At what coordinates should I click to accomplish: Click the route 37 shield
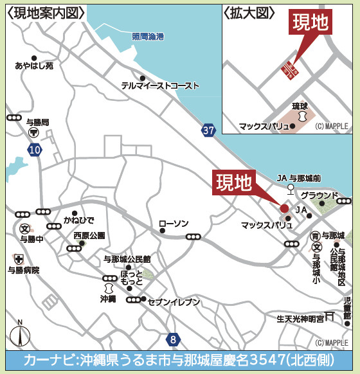tap(208, 130)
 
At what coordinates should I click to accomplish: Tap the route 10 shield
tap(35, 150)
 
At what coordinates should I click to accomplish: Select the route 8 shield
tap(172, 339)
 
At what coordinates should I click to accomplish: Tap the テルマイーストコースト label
tap(161, 85)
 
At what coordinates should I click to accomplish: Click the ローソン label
tap(174, 224)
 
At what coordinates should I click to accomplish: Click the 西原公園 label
tap(89, 235)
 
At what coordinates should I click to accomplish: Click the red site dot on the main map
tap(284, 208)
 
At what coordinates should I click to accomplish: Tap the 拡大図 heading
tap(249, 13)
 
